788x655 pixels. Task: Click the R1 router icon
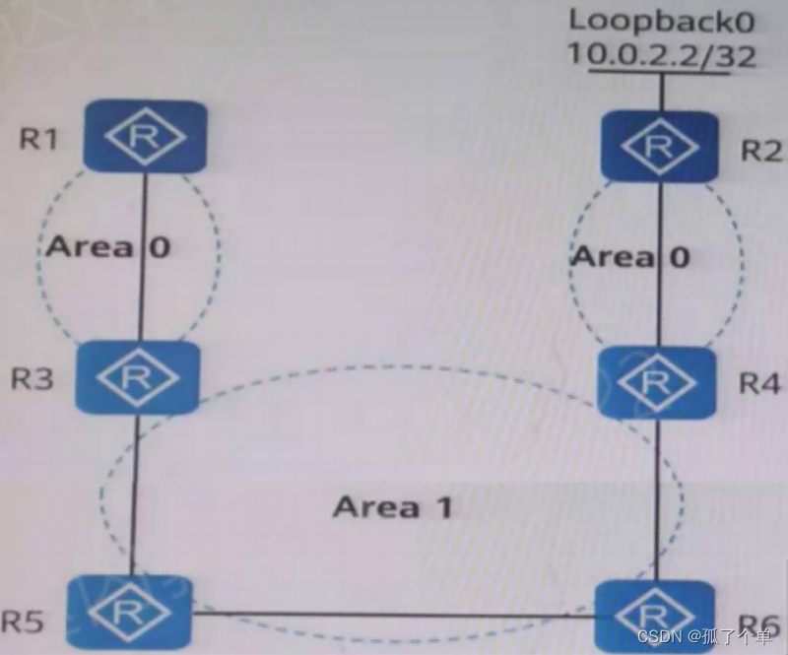pos(146,137)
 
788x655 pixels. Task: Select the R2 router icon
pos(658,147)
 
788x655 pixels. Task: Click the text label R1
pos(38,138)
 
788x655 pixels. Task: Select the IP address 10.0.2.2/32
pos(661,55)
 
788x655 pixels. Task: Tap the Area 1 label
pos(393,507)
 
